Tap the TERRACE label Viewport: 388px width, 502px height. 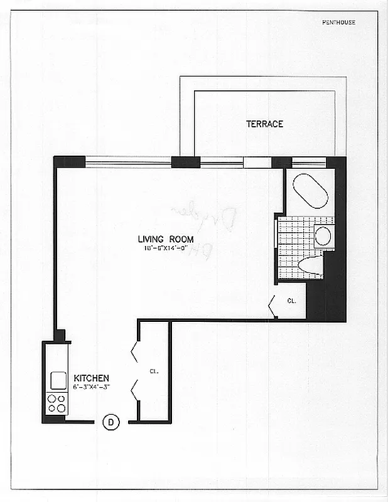(x=264, y=124)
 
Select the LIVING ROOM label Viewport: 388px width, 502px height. (x=166, y=239)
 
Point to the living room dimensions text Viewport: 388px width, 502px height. (x=166, y=248)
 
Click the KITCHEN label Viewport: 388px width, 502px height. (x=92, y=378)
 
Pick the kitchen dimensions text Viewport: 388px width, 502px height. (x=92, y=387)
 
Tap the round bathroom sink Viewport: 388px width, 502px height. (x=323, y=236)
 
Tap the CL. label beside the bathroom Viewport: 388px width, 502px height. (x=291, y=301)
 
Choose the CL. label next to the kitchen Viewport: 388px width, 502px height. (x=154, y=371)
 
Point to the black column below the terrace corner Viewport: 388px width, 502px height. (x=185, y=162)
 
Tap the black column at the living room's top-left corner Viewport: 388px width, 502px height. (x=69, y=161)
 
